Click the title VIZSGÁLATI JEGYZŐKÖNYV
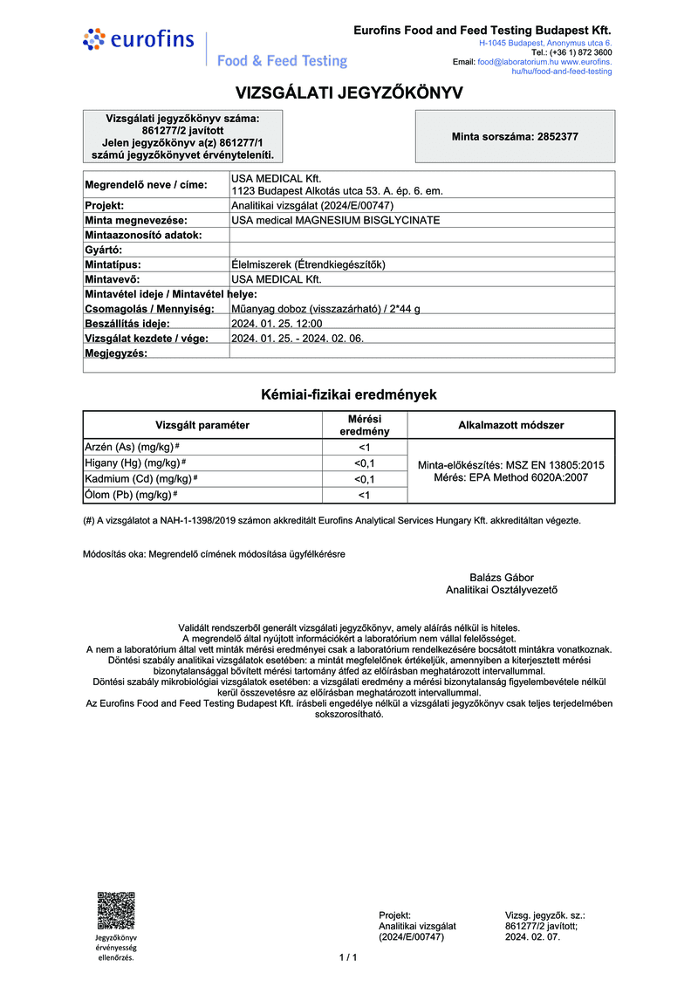point(349,93)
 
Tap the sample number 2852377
point(515,137)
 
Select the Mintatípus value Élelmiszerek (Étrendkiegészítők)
point(309,264)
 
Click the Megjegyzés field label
point(116,353)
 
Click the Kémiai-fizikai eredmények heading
point(349,394)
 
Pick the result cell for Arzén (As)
point(365,447)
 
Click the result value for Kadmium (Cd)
point(365,479)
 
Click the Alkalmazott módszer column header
point(511,425)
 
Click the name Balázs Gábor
point(502,577)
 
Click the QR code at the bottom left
point(115,909)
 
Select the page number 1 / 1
point(348,957)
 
